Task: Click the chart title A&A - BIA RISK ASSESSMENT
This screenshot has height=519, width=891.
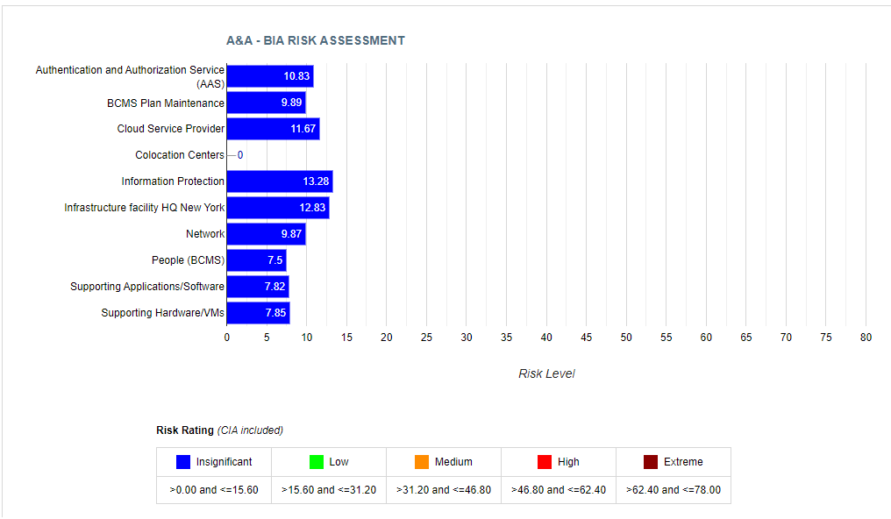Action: coord(316,40)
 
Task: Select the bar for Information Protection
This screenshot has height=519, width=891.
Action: coord(279,181)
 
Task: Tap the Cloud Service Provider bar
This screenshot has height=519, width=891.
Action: coord(273,129)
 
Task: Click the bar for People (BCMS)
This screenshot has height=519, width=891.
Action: coord(256,260)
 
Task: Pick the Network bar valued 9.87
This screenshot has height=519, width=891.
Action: coord(266,234)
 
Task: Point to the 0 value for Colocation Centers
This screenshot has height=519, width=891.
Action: coord(240,155)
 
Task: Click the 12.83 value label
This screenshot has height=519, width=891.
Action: coord(312,208)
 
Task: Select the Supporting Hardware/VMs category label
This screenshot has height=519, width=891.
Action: coord(162,313)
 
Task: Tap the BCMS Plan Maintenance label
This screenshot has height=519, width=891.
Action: coord(166,103)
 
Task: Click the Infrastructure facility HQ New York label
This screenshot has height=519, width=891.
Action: coord(145,208)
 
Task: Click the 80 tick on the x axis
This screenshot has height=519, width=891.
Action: coord(866,338)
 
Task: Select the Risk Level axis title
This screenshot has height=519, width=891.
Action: coord(546,373)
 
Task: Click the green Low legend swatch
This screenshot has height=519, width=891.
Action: coord(317,462)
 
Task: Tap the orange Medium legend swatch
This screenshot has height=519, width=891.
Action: coord(422,462)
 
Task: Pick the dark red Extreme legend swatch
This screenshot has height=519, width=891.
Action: coord(651,462)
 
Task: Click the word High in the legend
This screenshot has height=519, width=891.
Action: coord(568,462)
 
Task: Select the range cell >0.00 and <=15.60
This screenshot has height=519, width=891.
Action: coord(214,490)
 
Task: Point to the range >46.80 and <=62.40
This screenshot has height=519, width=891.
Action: coord(559,490)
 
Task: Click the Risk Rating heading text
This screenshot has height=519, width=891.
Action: coord(185,430)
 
